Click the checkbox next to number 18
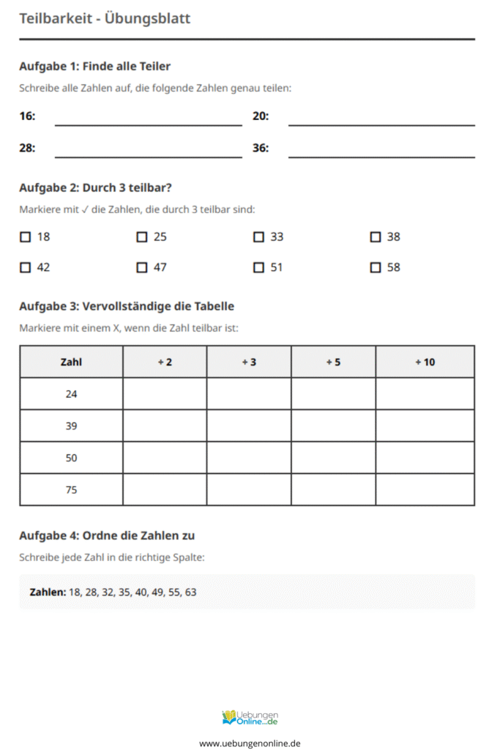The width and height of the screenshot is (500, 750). click(25, 237)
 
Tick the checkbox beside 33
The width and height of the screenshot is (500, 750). click(258, 237)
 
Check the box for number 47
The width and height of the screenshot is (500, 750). click(142, 267)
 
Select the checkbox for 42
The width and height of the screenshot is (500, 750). click(25, 267)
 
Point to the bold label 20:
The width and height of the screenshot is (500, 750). click(261, 116)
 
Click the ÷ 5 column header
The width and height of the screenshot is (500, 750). click(333, 362)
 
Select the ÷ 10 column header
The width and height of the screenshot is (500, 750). click(425, 362)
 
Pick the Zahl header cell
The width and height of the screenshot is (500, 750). click(71, 362)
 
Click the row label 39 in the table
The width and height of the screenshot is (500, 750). click(71, 426)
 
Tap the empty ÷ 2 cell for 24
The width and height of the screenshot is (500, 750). click(165, 394)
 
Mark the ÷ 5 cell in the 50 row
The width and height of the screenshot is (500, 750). click(333, 458)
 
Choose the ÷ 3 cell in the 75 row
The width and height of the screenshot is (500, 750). click(249, 489)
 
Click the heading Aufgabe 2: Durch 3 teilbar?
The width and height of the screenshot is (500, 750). click(95, 187)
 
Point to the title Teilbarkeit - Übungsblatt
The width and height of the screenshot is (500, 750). click(105, 18)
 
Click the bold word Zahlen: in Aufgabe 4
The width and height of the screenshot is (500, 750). click(48, 592)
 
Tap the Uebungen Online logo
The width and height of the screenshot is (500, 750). click(250, 718)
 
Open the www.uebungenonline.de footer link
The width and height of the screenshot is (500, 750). click(250, 743)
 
